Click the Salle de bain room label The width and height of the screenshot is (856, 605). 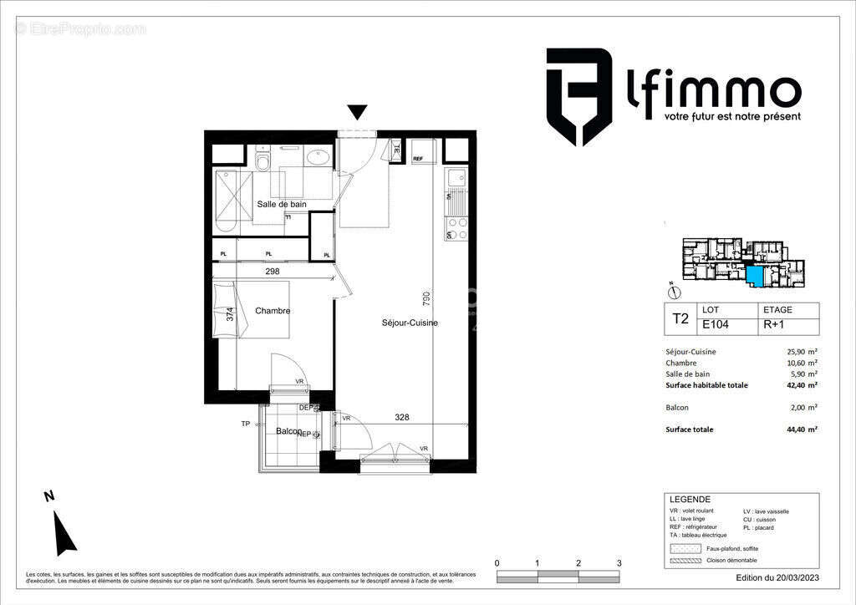tap(281, 204)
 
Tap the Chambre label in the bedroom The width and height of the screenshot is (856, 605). tap(273, 311)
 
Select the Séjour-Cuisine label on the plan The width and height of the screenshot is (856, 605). tap(410, 323)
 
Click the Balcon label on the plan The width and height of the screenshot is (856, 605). tap(288, 431)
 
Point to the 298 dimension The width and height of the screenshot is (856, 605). tap(272, 272)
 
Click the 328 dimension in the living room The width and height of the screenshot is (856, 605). tap(402, 418)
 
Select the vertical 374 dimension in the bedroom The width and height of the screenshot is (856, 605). tap(231, 315)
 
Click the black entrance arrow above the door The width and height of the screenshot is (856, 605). tap(358, 112)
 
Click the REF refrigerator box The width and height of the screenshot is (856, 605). tap(418, 158)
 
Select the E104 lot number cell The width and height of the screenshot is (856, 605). tap(714, 327)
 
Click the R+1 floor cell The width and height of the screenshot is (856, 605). tap(772, 327)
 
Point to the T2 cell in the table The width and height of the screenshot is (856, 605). tap(680, 318)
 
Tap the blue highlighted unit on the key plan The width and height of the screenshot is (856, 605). tap(755, 276)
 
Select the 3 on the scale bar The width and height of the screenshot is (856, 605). tap(619, 563)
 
